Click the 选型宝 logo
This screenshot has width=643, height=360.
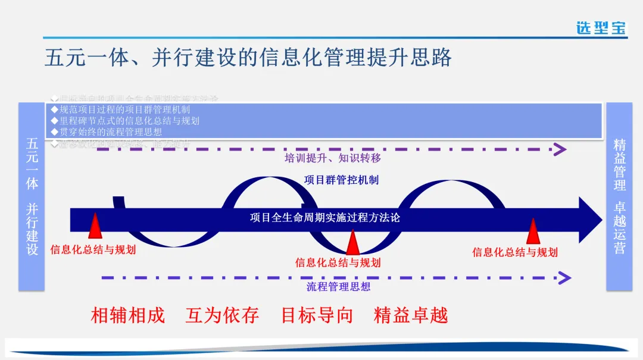coord(601,27)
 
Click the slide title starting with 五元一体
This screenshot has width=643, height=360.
coord(248,58)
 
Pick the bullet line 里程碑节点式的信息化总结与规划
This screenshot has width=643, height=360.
coord(125,121)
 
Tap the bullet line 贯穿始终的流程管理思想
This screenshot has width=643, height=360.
coord(107,132)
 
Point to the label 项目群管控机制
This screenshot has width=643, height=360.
coord(341,180)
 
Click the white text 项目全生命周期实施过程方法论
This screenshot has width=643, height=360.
coord(324,217)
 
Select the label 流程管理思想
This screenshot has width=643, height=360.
coord(338,286)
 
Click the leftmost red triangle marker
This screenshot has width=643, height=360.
coord(95,227)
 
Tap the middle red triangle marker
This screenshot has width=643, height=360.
coord(352,242)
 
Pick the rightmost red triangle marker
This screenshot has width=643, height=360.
coord(533,231)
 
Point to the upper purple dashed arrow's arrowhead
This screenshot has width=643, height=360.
coord(560,149)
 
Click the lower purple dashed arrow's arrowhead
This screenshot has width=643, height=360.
coord(564,277)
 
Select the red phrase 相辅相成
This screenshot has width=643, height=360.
coord(127,315)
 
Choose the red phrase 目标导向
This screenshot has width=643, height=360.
coord(317,315)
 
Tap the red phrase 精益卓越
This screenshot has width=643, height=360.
coord(410,315)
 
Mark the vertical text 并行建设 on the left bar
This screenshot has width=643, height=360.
coord(32,229)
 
